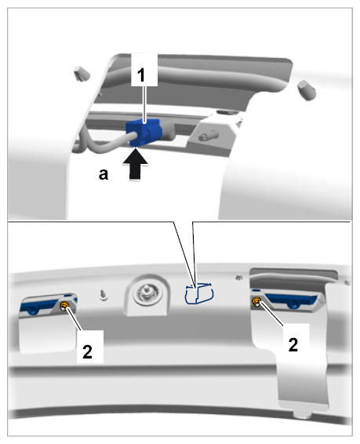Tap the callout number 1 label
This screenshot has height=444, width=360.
[141, 75]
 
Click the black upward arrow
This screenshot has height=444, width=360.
[136, 164]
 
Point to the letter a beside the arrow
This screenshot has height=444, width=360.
[104, 174]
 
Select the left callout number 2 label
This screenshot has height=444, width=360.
[88, 352]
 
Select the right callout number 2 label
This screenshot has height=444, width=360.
[293, 344]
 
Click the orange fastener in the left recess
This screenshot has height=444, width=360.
[65, 305]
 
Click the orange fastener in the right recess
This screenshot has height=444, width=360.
[256, 301]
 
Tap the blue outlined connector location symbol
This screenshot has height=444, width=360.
[199, 293]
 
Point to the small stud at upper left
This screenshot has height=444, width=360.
[82, 73]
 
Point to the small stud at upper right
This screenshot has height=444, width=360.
[307, 89]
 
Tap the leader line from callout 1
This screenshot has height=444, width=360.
[144, 104]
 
